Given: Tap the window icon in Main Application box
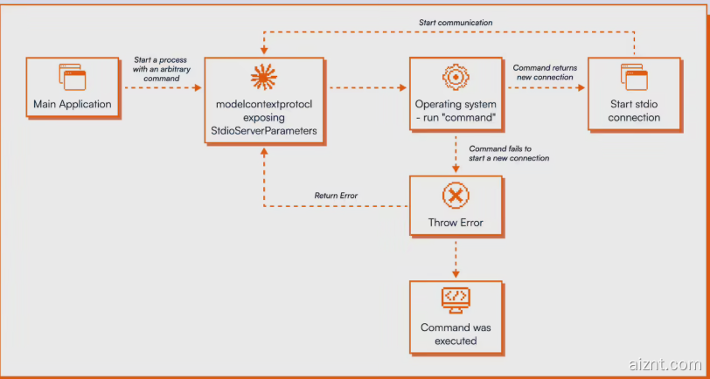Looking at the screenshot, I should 73,78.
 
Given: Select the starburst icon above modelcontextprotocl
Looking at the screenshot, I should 264,78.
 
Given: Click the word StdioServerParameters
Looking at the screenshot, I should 264,131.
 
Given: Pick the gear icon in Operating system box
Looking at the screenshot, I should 456,77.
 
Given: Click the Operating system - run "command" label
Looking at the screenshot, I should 456,111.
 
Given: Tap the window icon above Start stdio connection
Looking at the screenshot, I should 634,78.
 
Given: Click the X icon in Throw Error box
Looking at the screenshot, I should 456,196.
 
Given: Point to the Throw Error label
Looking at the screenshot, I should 456,223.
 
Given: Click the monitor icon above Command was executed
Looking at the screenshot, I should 456,299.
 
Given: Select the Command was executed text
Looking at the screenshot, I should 456,334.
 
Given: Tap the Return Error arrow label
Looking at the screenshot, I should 336,196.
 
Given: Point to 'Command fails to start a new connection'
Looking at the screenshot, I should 509,153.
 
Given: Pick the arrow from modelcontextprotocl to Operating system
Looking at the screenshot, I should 366,87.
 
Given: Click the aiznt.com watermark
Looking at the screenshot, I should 665,364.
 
